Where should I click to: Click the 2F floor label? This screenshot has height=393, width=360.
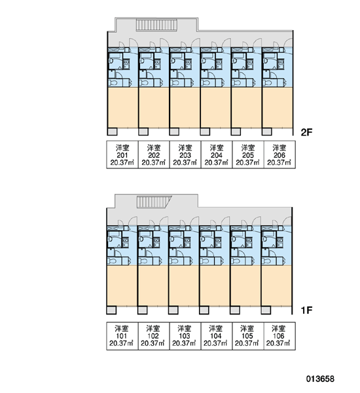coord(306,132)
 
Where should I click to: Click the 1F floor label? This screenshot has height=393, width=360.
coord(306,310)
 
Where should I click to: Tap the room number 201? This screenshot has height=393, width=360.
coord(122,155)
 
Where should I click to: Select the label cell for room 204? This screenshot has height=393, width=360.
coord(217,155)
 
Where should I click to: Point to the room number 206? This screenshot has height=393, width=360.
coord(279,155)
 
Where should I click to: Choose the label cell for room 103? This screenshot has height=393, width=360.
coord(185,336)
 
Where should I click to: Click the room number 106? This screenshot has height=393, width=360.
coord(279,336)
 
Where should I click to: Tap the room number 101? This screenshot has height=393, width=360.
coord(122,336)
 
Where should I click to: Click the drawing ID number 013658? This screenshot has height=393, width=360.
coord(320,379)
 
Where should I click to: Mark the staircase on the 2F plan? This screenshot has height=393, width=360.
coord(156,26)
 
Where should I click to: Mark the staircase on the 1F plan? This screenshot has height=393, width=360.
coord(154,202)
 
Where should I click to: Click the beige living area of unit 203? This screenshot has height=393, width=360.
coord(185,107)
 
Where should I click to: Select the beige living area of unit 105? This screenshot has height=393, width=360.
coord(245,286)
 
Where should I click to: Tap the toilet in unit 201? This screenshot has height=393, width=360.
coord(113,83)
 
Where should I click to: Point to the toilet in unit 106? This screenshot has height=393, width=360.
coord(266,261)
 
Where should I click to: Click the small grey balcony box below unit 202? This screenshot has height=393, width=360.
coord(143,132)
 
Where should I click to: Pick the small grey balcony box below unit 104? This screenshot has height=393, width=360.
coord(204,310)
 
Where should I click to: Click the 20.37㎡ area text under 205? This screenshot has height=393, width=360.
coord(247,162)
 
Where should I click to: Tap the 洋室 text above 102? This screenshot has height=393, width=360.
coord(153,328)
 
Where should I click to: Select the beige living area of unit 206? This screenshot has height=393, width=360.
coord(278,107)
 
